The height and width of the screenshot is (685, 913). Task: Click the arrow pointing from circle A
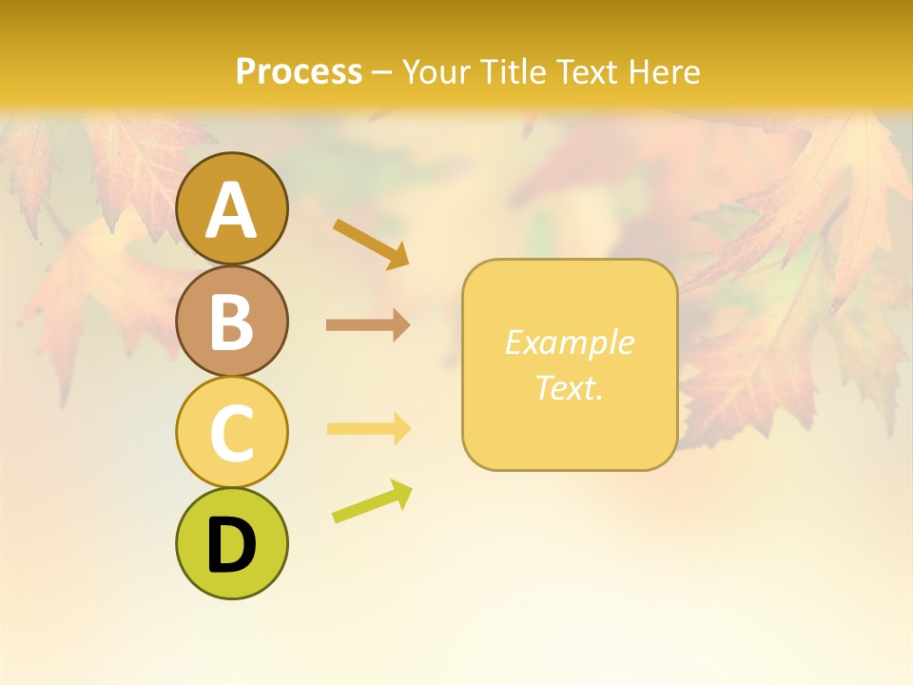click(x=371, y=243)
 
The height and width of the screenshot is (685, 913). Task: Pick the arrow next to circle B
click(x=368, y=325)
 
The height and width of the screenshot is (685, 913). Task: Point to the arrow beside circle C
click(x=368, y=429)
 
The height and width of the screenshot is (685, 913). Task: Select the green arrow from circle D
click(x=372, y=501)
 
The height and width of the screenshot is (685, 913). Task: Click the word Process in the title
click(x=299, y=71)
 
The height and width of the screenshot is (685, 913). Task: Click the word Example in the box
click(x=569, y=342)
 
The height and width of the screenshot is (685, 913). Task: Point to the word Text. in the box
click(x=569, y=387)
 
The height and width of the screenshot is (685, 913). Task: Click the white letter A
click(x=231, y=210)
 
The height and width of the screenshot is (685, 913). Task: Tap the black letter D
click(x=231, y=545)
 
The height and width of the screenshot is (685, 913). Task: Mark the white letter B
click(x=231, y=322)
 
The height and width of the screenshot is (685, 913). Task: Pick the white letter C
click(x=231, y=433)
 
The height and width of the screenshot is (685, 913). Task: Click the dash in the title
click(x=381, y=72)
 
